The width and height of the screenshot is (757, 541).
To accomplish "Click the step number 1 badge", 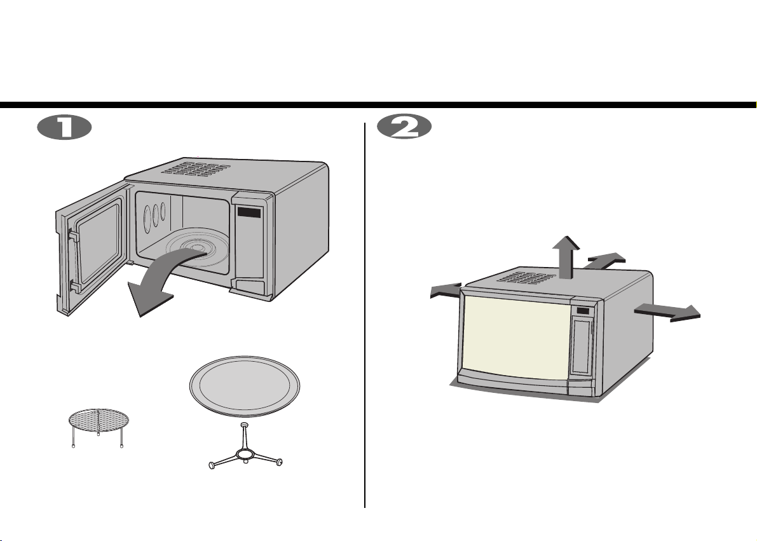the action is click(64, 128).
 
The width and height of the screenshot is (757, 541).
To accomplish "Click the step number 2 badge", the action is click(404, 128).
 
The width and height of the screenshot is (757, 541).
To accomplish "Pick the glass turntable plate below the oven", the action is click(245, 387).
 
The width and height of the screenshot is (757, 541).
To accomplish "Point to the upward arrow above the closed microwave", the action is click(566, 258).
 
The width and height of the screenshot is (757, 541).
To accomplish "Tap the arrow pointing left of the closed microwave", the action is click(446, 291).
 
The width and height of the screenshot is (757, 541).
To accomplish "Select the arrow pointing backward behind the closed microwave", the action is click(604, 261).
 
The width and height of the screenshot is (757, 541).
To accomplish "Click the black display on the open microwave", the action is click(249, 212).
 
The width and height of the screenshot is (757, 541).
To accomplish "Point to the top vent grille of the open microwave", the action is click(196, 168).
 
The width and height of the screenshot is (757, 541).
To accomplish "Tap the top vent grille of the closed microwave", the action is click(527, 278).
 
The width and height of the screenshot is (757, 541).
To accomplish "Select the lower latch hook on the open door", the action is click(75, 287).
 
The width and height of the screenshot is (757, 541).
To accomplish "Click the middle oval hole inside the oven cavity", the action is click(156, 215).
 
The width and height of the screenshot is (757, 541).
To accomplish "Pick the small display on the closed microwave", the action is click(583, 311).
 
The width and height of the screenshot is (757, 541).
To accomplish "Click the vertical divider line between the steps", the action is click(364, 315).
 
